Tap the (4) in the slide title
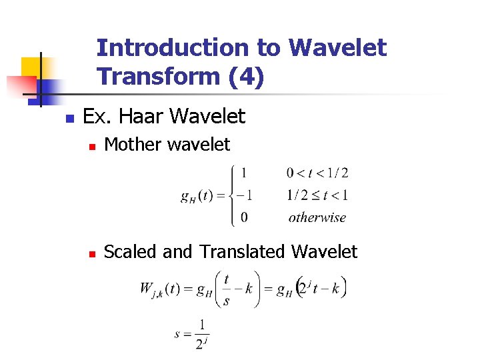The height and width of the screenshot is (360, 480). click(246, 77)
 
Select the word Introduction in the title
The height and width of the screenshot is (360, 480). click(170, 48)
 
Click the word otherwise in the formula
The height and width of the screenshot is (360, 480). click(317, 217)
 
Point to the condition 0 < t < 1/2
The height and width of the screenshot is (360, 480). click(317, 173)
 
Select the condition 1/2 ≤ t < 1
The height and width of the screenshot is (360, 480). click(317, 195)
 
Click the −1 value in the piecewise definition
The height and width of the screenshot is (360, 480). click(244, 195)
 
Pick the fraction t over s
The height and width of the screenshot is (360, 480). click(227, 289)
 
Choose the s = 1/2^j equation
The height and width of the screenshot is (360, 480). click(192, 334)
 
